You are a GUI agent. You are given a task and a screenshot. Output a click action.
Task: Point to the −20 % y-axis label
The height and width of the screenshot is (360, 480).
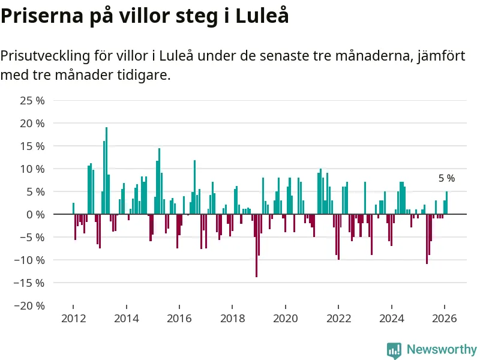[31, 305]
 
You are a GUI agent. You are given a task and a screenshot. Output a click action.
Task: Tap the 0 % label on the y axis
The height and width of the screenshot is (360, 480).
[35, 214]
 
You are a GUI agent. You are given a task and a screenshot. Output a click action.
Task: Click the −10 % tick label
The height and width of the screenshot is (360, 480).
[31, 260]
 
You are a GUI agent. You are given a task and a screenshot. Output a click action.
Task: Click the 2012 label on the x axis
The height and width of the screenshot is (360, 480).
[73, 319]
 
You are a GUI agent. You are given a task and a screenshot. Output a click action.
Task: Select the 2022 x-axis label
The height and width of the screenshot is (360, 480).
[338, 319]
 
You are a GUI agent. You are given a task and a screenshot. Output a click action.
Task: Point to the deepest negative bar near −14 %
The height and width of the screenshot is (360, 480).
[256, 245]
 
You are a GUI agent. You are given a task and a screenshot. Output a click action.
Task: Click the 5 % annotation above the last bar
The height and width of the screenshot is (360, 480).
[446, 178]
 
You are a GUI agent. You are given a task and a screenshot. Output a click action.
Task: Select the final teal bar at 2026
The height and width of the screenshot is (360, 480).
[446, 203]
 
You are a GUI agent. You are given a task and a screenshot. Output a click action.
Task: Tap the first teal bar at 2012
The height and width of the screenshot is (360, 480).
[73, 209]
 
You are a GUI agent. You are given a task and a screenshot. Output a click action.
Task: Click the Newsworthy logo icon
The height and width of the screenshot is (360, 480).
[394, 350]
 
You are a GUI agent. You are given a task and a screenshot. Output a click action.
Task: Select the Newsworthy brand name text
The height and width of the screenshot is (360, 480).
[442, 349]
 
